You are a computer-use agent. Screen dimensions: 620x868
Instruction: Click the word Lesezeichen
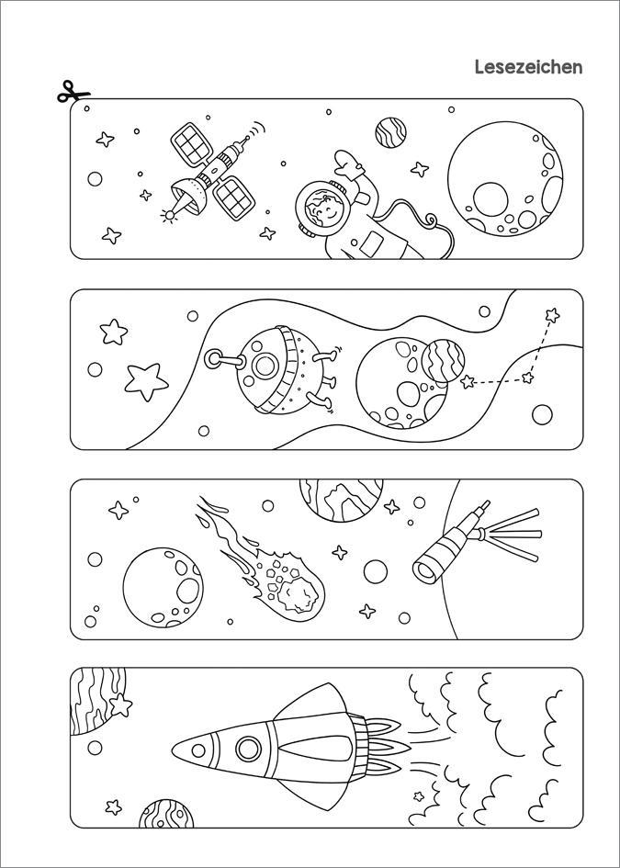tap(529, 67)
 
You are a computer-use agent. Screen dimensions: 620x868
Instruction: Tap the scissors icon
tap(73, 92)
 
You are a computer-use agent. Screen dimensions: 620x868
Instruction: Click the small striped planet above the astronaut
tap(390, 132)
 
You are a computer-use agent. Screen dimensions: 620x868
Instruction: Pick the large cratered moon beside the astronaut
tap(505, 179)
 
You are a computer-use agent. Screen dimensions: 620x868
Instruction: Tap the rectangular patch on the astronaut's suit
tap(371, 244)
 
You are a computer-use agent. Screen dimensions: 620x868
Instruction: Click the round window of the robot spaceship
tap(265, 366)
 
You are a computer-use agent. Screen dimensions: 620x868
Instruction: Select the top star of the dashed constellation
tap(552, 315)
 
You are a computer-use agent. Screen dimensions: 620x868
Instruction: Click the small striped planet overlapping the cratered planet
tap(443, 361)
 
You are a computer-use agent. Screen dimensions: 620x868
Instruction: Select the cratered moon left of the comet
tap(163, 588)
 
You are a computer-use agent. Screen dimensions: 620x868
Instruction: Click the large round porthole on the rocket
tap(249, 749)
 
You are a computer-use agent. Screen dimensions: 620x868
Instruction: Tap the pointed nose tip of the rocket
tap(173, 750)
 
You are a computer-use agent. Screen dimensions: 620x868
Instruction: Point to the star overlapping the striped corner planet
tap(120, 705)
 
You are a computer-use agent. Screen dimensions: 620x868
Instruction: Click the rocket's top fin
tap(313, 702)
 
